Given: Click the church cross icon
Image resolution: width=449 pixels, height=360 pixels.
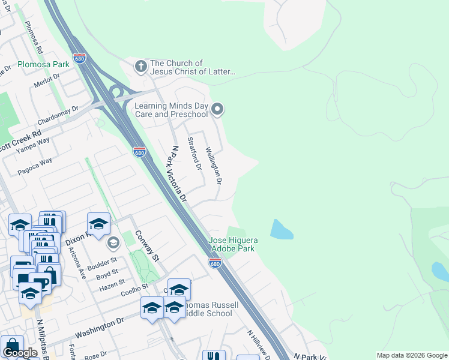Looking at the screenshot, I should (x=141, y=66).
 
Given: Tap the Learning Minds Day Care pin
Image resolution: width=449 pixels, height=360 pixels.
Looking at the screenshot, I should (x=218, y=109).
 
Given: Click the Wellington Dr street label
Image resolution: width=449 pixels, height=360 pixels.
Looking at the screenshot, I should (x=214, y=165).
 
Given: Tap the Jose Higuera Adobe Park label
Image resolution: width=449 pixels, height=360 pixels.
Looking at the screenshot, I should (x=232, y=244).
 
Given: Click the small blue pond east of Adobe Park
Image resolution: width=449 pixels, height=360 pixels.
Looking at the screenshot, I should (x=282, y=229).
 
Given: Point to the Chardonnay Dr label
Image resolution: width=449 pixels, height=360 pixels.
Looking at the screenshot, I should (x=58, y=113).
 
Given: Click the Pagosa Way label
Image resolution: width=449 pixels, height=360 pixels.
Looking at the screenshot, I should (x=35, y=164).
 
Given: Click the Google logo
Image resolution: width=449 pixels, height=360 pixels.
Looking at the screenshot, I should (x=20, y=353).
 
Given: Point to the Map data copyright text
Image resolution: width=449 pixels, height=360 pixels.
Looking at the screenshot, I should (x=412, y=355).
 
